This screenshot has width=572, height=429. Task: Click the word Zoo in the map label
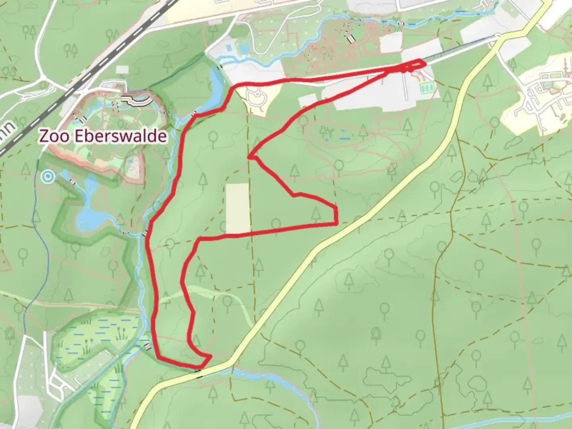coord(50,136)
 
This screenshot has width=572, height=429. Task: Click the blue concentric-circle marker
coord(48,176)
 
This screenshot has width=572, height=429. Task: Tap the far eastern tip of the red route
coord(424,63)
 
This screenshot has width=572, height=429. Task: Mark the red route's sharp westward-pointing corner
coord(249,157)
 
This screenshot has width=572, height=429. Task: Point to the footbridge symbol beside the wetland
coord(147,346)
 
